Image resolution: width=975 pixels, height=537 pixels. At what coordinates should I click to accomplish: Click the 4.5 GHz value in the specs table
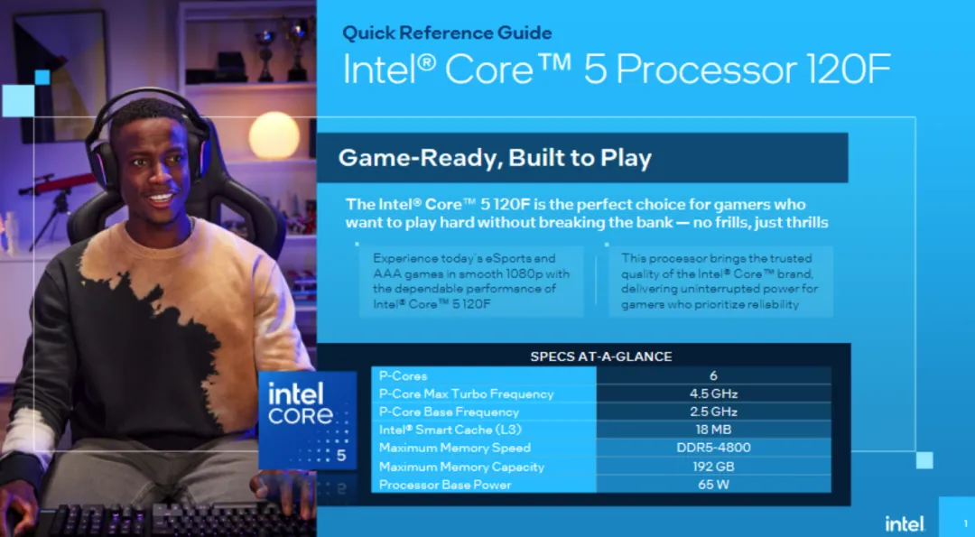(x=713, y=393)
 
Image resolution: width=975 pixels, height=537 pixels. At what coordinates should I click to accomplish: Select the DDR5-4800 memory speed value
(x=713, y=448)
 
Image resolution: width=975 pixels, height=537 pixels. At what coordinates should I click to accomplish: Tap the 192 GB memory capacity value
(x=713, y=467)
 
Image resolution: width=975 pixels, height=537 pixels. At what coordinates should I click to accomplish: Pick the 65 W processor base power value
(x=713, y=485)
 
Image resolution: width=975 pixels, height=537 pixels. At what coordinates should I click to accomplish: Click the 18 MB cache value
(x=713, y=430)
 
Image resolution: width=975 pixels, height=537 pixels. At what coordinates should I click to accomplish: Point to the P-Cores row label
(x=404, y=375)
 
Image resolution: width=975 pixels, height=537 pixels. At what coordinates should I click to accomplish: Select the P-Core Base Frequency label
(x=449, y=412)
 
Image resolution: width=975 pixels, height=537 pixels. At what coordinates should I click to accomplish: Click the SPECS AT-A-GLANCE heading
(x=600, y=356)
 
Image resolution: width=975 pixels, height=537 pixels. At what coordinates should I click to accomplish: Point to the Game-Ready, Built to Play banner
(x=495, y=159)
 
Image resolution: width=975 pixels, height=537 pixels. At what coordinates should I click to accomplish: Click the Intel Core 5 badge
(x=302, y=418)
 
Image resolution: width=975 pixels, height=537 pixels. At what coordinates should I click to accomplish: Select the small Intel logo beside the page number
(x=904, y=523)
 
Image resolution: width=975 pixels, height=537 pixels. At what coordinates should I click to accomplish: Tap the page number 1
(x=965, y=523)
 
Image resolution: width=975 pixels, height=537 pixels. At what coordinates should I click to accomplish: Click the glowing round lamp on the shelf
(x=274, y=135)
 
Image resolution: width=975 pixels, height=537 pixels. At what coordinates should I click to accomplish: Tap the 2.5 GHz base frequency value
(x=713, y=412)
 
